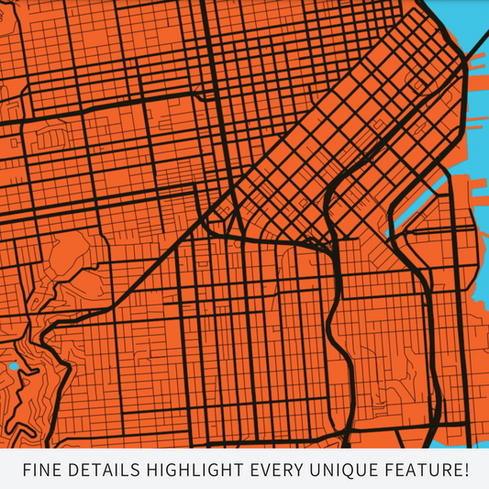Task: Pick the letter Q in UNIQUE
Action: click(x=348, y=471)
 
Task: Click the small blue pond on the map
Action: click(x=13, y=367)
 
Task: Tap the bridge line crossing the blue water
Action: click(x=478, y=59)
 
